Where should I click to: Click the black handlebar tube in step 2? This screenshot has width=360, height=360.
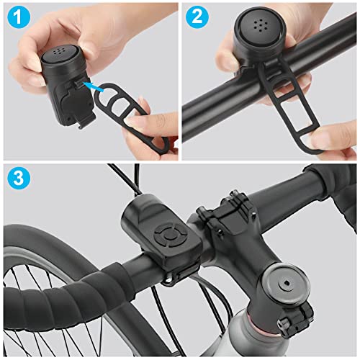tap(216, 101)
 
